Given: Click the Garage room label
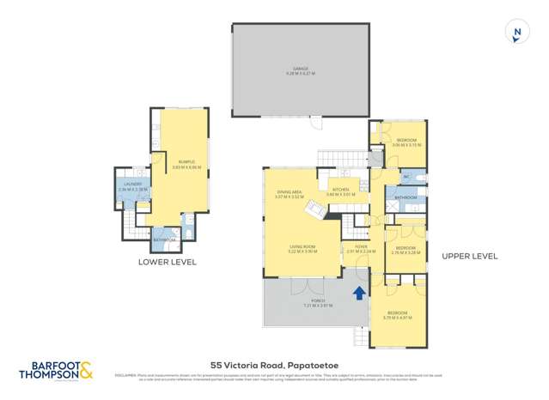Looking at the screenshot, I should (x=301, y=70).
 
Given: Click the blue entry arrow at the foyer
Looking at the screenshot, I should (x=358, y=294).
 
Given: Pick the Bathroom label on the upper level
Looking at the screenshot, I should (x=406, y=198).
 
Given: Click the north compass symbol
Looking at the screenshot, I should (x=516, y=33).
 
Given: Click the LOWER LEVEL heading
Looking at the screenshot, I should (x=167, y=262).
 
